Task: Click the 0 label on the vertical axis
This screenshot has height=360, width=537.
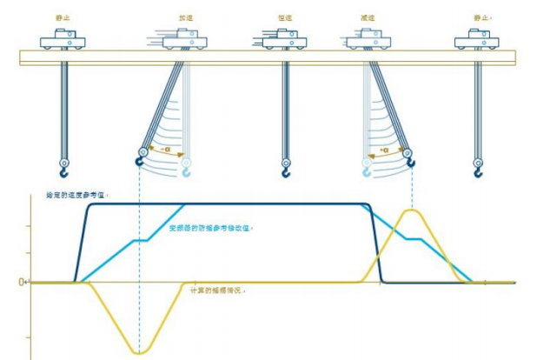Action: click(23, 282)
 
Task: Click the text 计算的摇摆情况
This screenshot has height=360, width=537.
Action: click(212, 289)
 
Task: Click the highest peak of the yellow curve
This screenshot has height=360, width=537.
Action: click(412, 210)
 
